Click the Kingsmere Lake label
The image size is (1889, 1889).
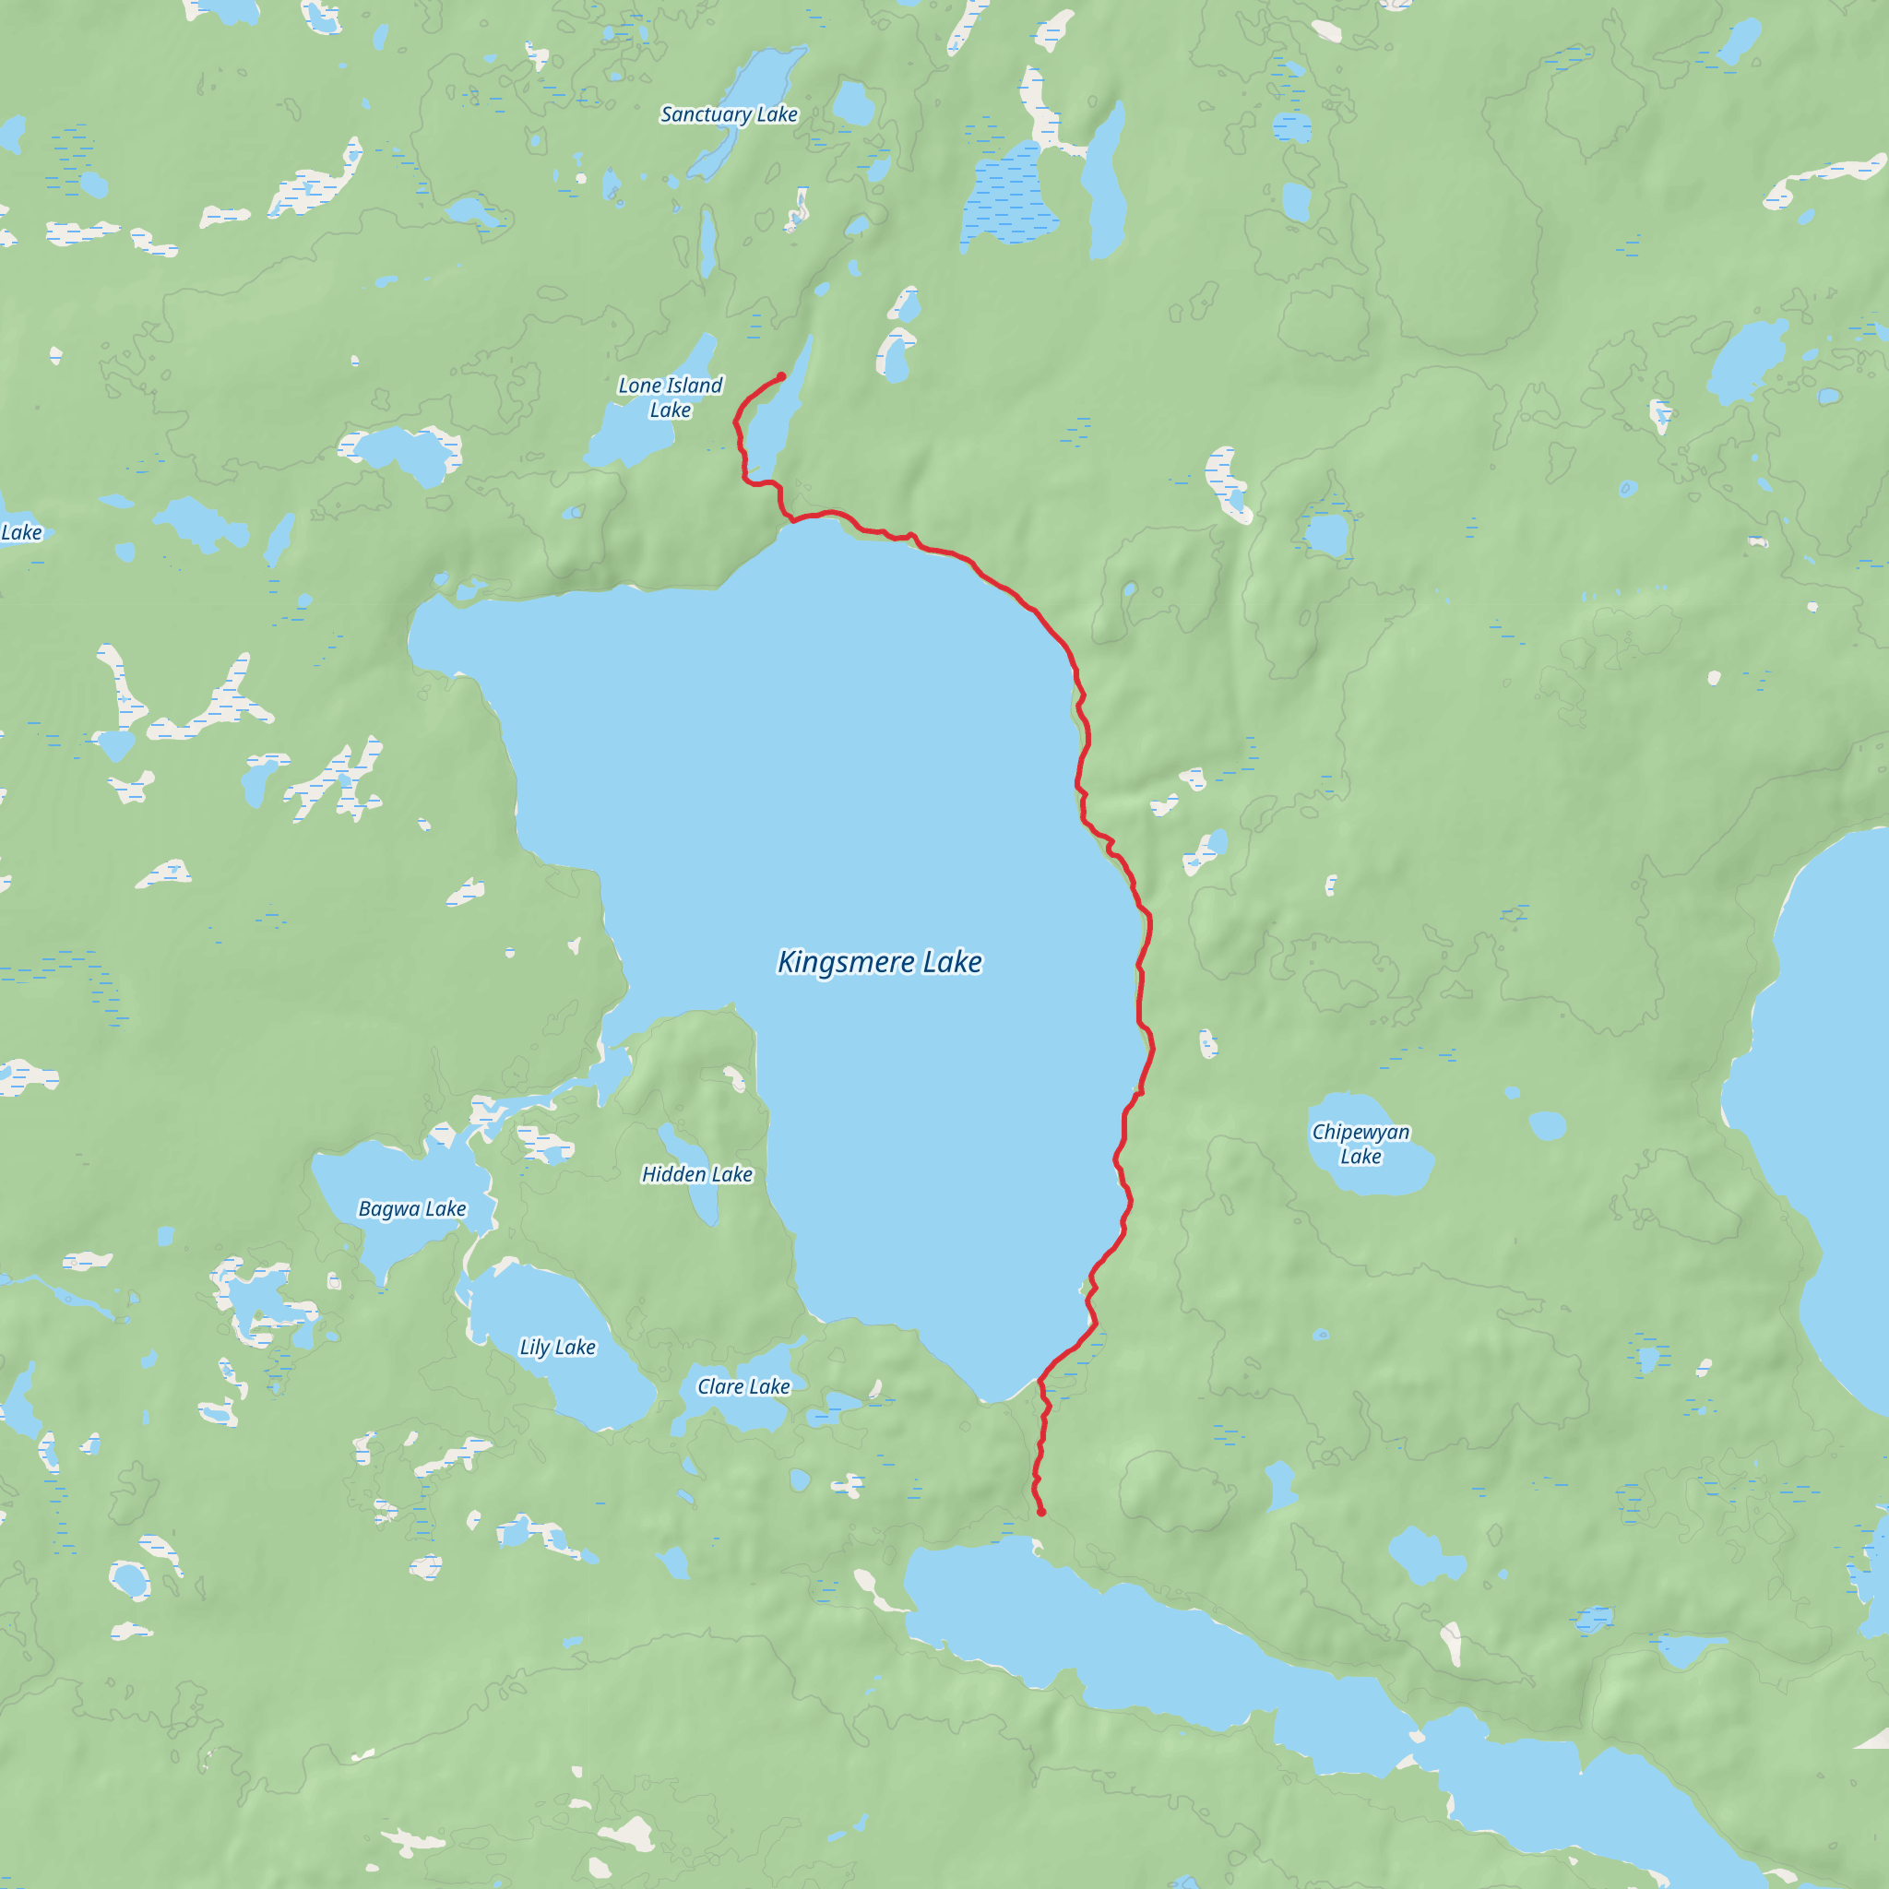879,962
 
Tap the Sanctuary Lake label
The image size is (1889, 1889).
730,114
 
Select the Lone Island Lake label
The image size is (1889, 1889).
671,397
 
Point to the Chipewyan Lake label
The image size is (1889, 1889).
1360,1143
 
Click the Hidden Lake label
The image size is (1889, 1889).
697,1174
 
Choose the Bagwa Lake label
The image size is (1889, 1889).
412,1208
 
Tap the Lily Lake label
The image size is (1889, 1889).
557,1348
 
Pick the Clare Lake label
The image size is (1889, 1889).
743,1386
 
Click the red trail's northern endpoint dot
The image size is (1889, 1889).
781,376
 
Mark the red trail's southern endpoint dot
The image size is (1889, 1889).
1041,1512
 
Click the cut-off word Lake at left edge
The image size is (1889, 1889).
21,533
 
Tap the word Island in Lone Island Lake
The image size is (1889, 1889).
695,386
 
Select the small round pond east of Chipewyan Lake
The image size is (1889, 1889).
1548,1126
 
